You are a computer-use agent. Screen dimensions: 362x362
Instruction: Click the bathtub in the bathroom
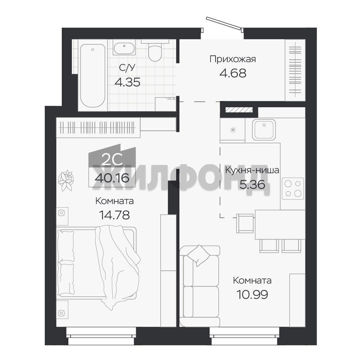tap(93, 75)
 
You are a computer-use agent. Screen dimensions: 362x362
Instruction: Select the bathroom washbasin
tap(124, 49)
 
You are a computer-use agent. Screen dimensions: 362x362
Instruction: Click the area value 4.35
tap(127, 82)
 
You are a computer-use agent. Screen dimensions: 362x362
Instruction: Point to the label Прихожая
tap(233, 59)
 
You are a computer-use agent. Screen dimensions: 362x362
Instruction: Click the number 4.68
tap(233, 73)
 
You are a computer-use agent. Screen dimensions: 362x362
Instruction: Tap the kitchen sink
tap(264, 129)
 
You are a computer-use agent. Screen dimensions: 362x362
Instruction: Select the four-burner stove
tap(293, 188)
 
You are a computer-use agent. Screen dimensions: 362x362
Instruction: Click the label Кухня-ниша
tap(252, 170)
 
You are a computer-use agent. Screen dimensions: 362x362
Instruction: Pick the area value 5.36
tap(252, 184)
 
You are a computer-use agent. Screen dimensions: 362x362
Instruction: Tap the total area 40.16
tap(112, 178)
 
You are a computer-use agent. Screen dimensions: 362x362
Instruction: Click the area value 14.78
tap(114, 215)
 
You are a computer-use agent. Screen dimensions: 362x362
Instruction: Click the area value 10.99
tap(252, 295)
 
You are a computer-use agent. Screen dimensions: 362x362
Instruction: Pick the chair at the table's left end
tap(245, 223)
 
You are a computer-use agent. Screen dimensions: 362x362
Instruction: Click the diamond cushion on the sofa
tap(198, 255)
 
